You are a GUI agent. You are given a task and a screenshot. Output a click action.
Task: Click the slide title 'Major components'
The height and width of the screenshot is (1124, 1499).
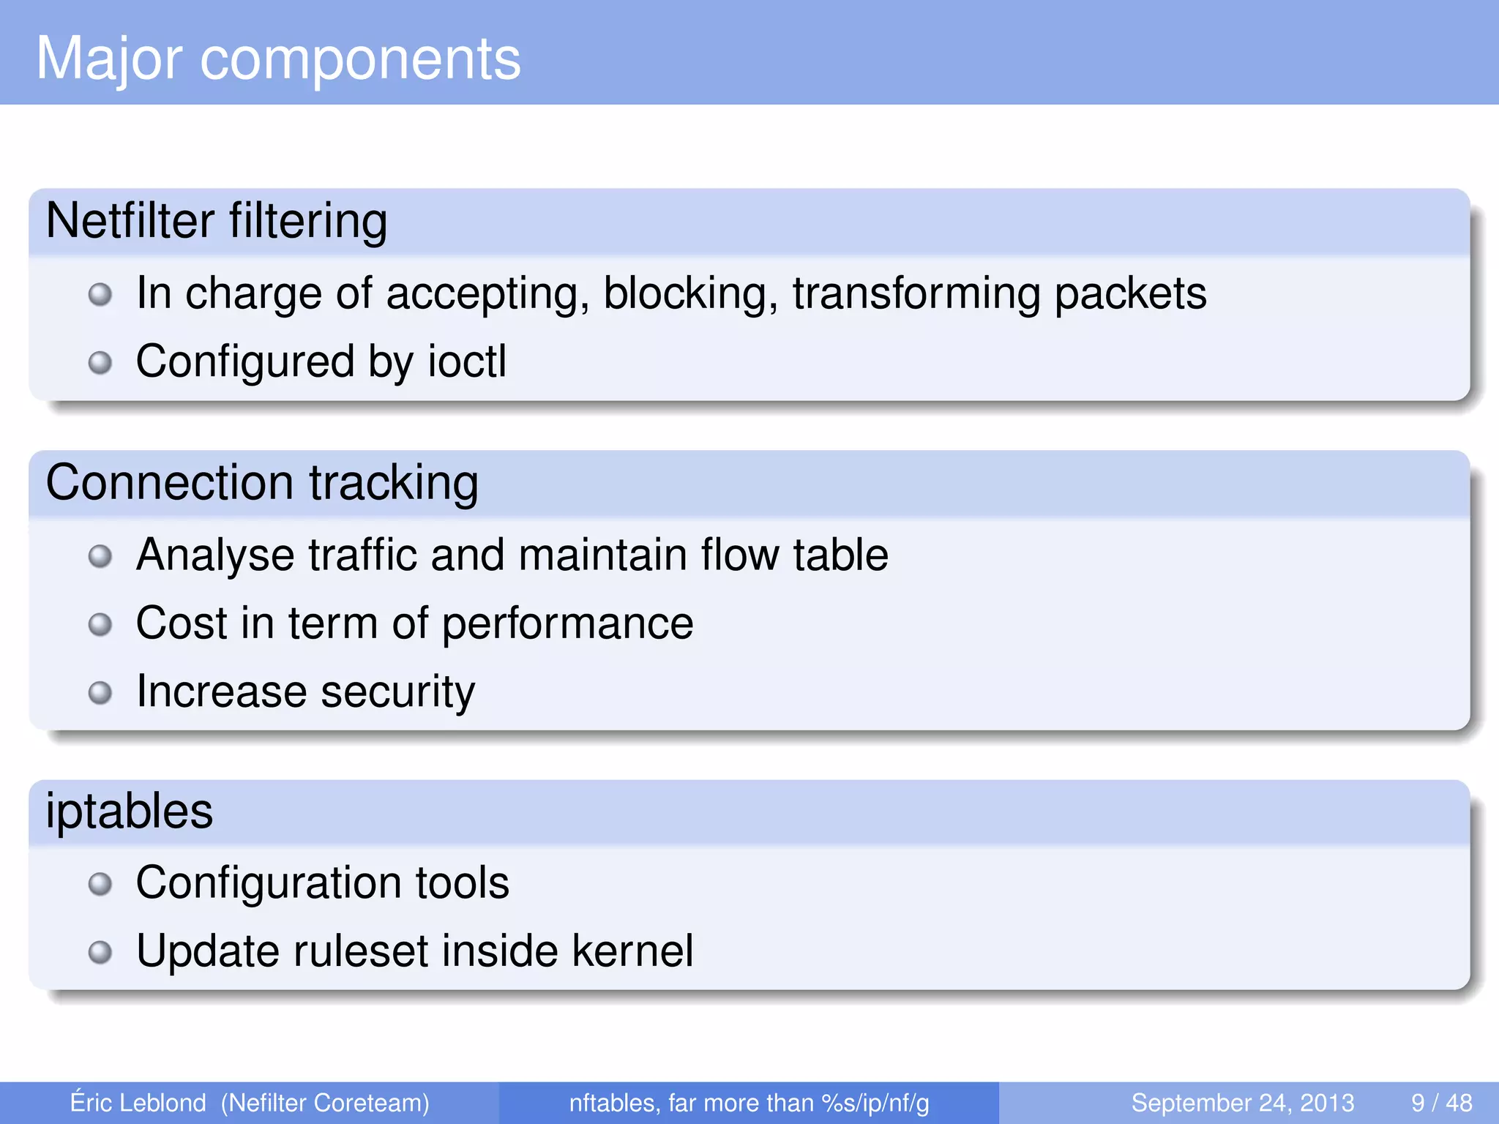coord(278,59)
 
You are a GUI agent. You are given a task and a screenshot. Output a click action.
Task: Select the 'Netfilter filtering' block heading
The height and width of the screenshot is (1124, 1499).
coord(217,221)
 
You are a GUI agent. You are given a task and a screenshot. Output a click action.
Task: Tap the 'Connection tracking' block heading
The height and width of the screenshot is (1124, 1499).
coord(262,483)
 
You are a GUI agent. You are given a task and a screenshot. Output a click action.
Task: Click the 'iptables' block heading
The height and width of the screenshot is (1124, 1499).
coord(130,812)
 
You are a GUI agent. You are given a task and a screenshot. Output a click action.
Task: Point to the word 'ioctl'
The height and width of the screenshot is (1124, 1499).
coord(467,361)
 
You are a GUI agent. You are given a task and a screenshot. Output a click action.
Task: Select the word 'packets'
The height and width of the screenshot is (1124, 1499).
coord(1130,294)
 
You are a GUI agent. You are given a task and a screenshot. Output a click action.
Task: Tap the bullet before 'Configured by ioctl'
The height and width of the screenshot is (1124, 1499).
coord(100,362)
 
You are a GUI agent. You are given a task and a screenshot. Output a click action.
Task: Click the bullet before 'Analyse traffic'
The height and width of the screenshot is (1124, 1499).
coord(100,556)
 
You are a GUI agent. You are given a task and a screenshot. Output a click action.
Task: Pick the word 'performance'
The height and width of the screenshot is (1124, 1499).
coord(567,624)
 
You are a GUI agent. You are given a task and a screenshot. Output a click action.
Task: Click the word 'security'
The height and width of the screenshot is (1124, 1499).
coord(397,692)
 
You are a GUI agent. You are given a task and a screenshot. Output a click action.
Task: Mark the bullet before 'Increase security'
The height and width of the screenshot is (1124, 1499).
coord(100,692)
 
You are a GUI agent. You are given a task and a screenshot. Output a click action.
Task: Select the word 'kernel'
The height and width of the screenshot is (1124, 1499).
coord(632,951)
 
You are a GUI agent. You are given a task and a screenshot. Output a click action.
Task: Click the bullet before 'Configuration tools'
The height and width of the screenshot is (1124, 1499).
coord(100,884)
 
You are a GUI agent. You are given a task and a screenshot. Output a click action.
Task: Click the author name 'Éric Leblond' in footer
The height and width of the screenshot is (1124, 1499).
coord(138,1103)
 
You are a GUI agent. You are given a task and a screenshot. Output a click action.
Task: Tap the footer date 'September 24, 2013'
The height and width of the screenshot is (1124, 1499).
coord(1242,1103)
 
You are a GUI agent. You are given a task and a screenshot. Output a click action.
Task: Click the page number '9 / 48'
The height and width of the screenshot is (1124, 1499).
coord(1441,1103)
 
